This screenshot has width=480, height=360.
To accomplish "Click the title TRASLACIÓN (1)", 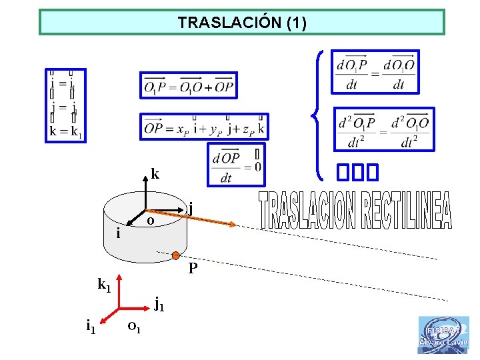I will pyautogui.click(x=241, y=23).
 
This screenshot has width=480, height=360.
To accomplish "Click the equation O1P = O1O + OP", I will pyautogui.click(x=189, y=85).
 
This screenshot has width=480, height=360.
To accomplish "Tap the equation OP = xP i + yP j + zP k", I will pyautogui.click(x=204, y=127).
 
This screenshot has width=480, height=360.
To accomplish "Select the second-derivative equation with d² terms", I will pyautogui.click(x=383, y=129).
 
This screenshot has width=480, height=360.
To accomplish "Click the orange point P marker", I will pyautogui.click(x=175, y=255).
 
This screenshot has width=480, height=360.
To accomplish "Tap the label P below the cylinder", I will pyautogui.click(x=193, y=269).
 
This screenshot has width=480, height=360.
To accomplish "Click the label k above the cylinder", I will pyautogui.click(x=155, y=175).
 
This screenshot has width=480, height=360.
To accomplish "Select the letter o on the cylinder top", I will pyautogui.click(x=151, y=221).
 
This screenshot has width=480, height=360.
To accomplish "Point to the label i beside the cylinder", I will pyautogui.click(x=118, y=233).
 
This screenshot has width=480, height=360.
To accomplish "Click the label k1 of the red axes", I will pyautogui.click(x=104, y=285).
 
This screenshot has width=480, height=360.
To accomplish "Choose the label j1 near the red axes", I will pyautogui.click(x=159, y=305).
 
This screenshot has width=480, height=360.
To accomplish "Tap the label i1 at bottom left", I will pyautogui.click(x=91, y=326).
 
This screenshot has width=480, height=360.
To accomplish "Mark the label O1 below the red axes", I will pyautogui.click(x=133, y=327).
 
